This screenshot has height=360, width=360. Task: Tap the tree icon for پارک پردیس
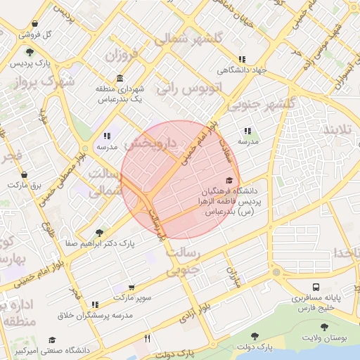point(29,51)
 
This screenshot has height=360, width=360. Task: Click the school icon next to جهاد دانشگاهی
point(242,60)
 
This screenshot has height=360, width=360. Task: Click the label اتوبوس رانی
point(188,89)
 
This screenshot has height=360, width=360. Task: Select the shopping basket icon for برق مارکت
point(25,174)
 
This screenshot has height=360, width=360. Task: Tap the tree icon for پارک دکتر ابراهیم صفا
point(99,231)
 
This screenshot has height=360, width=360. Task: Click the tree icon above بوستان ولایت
point(323,327)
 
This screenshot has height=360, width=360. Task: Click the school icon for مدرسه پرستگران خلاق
point(95,304)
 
